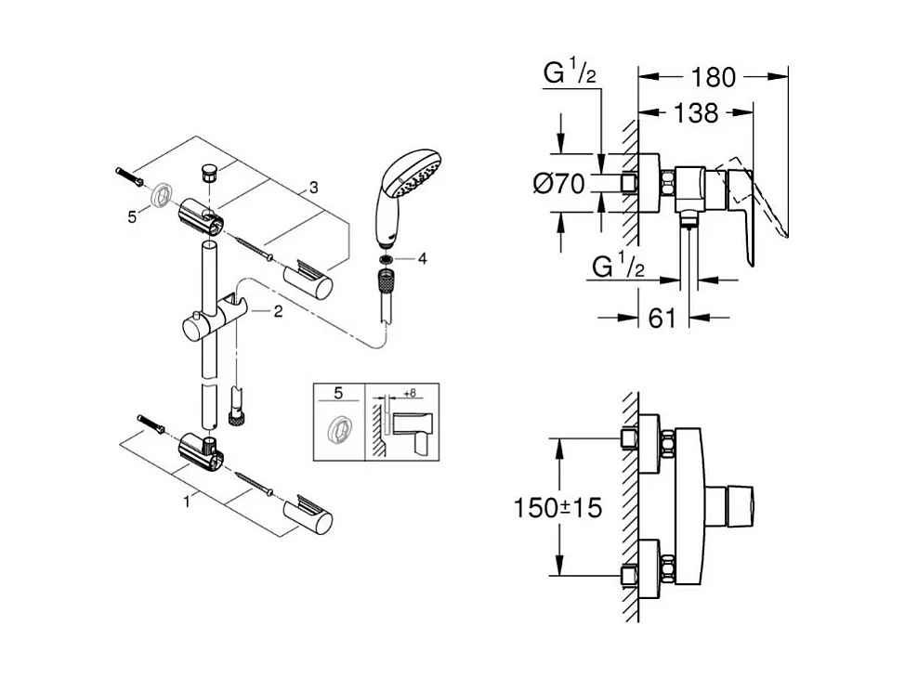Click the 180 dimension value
click(713, 77)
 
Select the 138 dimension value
click(696, 113)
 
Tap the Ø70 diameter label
click(559, 184)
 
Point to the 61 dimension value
click(662, 318)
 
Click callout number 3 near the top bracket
click(313, 188)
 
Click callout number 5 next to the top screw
click(132, 215)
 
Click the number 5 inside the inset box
click(339, 393)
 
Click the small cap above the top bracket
click(209, 173)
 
